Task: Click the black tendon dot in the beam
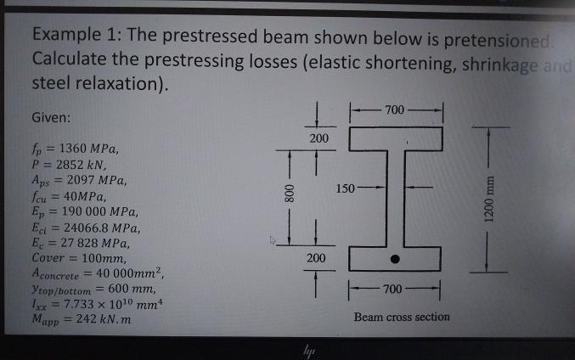[x=395, y=258]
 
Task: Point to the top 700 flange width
[x=395, y=110]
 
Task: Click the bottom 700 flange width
[x=395, y=291]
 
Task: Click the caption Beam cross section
[x=402, y=317]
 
